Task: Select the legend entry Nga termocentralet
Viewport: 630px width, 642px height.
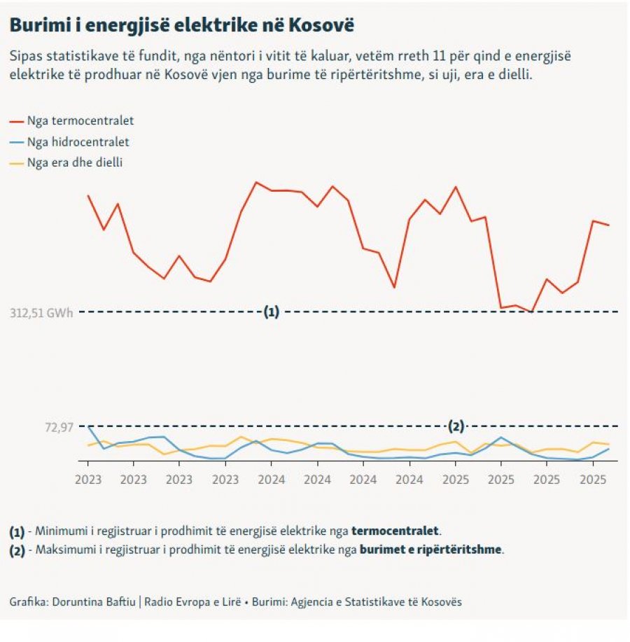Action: point(80,121)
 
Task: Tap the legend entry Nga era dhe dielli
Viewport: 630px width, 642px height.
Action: point(76,163)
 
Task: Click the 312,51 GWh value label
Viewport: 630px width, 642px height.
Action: point(41,313)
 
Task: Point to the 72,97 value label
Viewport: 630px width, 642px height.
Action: point(59,427)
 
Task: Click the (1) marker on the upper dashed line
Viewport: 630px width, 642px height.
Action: point(272,312)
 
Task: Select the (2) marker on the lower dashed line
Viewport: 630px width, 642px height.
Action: point(456,426)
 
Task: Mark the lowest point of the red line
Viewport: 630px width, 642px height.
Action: point(531,312)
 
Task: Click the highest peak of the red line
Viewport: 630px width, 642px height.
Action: point(256,182)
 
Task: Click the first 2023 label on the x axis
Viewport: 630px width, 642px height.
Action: point(87,480)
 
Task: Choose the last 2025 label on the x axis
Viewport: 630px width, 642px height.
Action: point(594,480)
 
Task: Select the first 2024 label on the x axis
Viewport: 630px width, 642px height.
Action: point(272,480)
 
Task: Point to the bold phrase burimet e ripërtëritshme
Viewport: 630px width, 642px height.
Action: point(430,550)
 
